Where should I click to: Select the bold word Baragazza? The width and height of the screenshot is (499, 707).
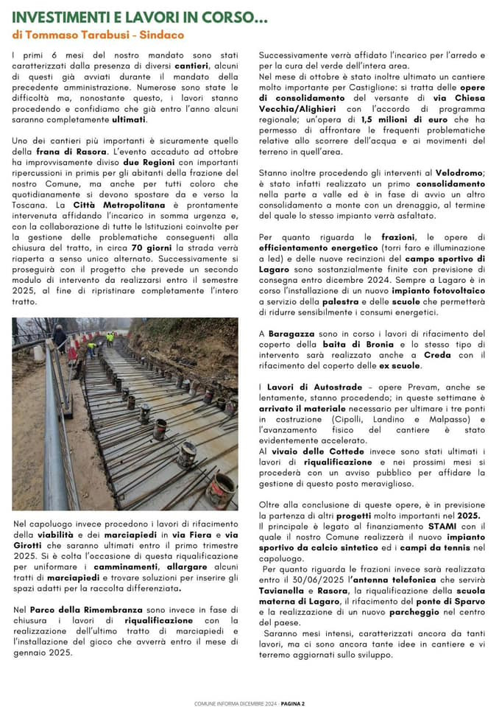click(294, 334)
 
